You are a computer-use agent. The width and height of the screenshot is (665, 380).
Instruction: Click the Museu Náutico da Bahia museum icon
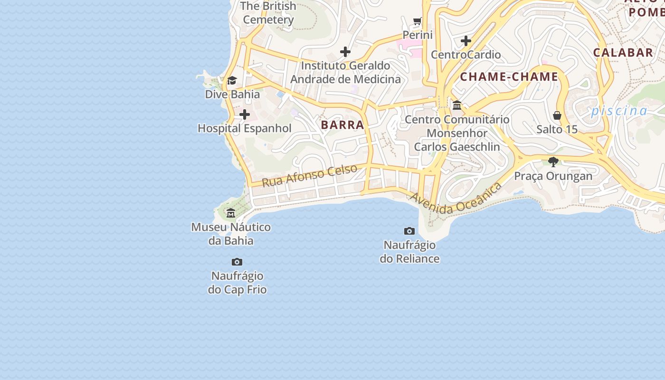tap(231, 213)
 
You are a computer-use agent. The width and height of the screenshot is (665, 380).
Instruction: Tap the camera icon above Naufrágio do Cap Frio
tap(237, 262)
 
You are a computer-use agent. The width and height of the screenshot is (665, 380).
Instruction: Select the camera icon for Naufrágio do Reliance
tap(409, 231)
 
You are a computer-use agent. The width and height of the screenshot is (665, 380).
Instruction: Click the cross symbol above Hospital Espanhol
tap(245, 114)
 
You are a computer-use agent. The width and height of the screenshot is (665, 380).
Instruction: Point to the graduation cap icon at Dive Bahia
tap(232, 81)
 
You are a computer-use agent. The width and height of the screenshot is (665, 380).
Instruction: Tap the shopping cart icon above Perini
tap(418, 21)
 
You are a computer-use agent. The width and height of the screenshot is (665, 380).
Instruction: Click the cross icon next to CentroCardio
tap(466, 41)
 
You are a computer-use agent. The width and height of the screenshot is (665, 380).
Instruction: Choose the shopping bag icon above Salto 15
tap(557, 115)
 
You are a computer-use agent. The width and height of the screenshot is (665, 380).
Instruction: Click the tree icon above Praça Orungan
tap(553, 162)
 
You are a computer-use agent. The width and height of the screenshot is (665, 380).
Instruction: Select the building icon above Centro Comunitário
tap(457, 105)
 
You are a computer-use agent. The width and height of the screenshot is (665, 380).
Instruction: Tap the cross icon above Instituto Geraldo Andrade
tap(345, 52)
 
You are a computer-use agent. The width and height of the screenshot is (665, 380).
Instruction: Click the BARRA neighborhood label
tap(342, 125)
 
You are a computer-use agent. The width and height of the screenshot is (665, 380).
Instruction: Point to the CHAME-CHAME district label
tap(509, 77)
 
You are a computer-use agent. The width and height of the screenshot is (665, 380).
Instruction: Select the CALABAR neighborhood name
tap(623, 53)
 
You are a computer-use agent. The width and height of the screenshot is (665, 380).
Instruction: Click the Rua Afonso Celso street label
tap(309, 176)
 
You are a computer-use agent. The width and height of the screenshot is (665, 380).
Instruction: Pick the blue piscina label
tap(619, 111)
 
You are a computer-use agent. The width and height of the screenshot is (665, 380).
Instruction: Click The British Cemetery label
tap(269, 13)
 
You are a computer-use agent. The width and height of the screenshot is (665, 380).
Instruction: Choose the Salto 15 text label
tap(557, 129)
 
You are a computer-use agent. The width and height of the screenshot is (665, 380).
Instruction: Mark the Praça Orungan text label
tap(553, 176)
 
